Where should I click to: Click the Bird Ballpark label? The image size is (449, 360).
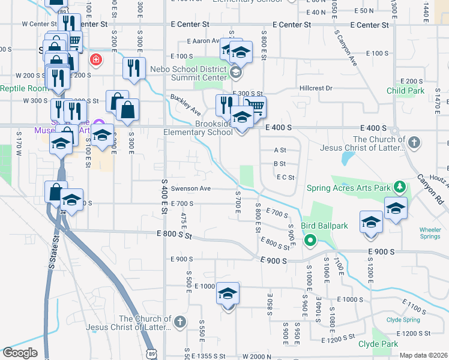tap(333, 226)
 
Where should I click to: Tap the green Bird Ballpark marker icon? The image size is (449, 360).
tap(310, 242)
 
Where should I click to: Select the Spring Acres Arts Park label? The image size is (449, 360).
tap(348, 188)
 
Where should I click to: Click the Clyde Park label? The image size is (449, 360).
tap(378, 344)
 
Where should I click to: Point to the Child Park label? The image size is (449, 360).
tap(405, 91)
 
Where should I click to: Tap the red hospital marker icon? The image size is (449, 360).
tap(95, 59)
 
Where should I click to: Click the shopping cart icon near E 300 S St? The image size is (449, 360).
tap(255, 106)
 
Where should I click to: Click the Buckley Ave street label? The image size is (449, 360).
tap(185, 104)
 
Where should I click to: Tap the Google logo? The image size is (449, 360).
tap(20, 353)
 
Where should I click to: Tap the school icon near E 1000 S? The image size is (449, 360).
tap(228, 294)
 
